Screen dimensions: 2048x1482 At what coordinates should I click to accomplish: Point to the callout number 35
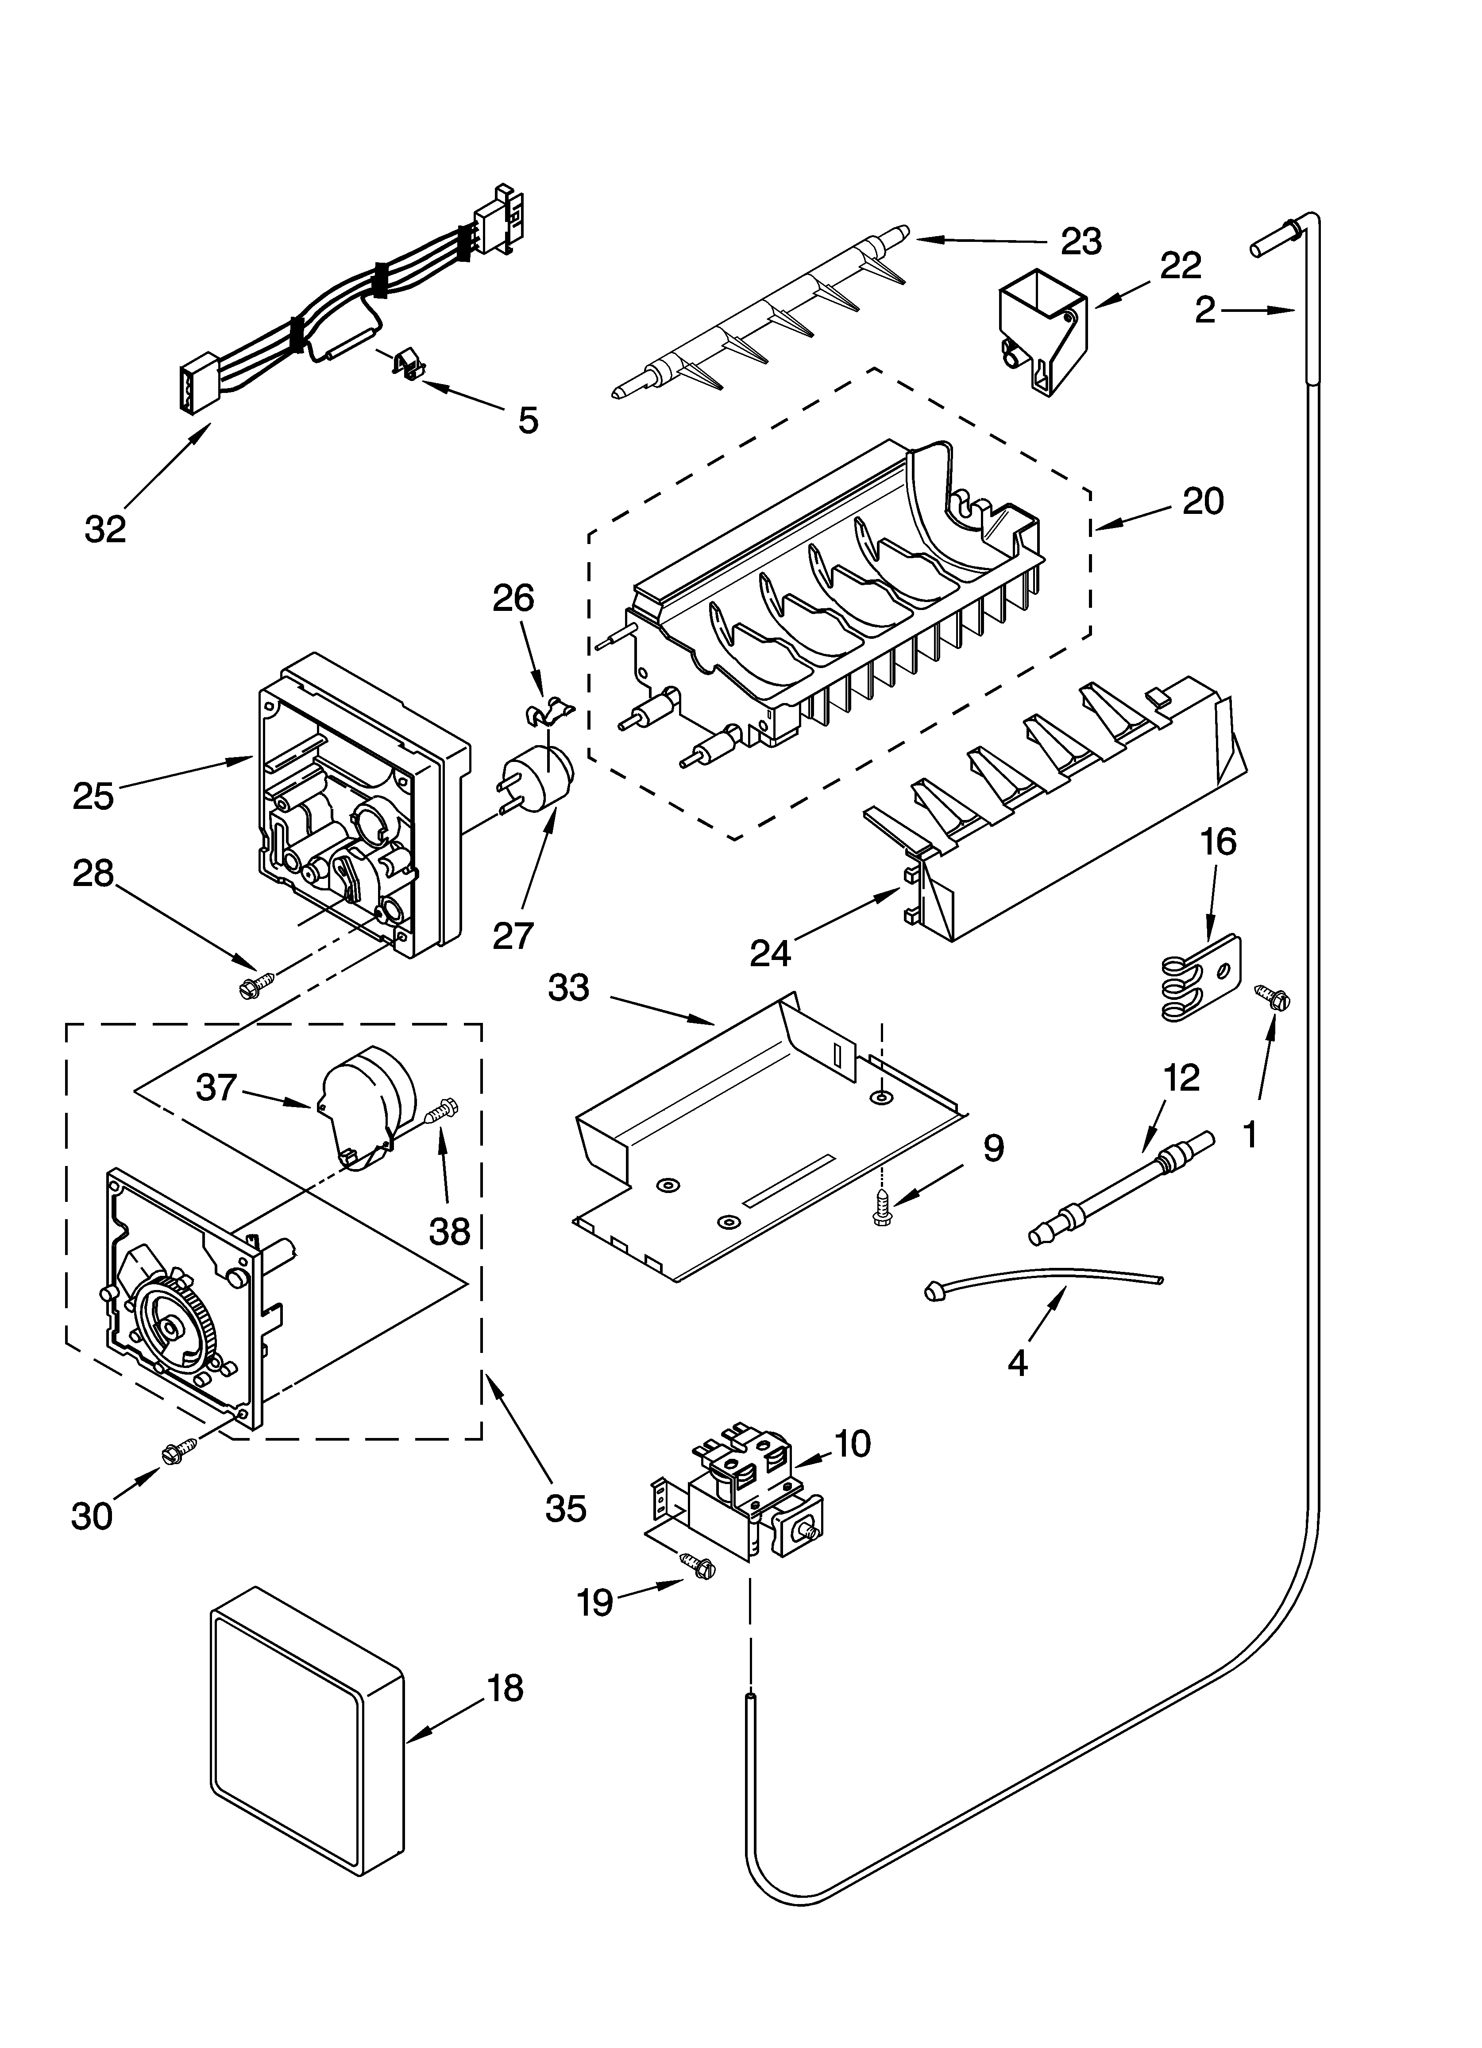click(x=566, y=1508)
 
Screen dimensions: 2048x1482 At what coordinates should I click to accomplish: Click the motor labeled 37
click(x=366, y=1106)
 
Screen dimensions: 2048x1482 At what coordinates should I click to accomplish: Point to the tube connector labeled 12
click(x=1122, y=1186)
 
